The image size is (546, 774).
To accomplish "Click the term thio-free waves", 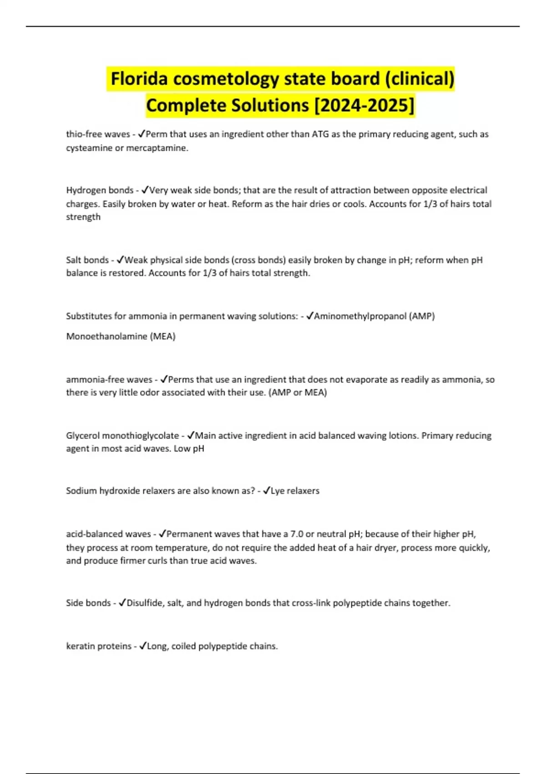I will pyautogui.click(x=98, y=134).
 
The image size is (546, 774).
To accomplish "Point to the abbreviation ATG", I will pyautogui.click(x=320, y=134).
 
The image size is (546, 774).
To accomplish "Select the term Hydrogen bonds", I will pyautogui.click(x=100, y=190).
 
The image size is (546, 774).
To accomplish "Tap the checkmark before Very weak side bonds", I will pyautogui.click(x=145, y=190).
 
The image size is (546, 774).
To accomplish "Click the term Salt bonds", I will pyautogui.click(x=87, y=260).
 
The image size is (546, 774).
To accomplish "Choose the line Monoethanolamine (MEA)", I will pyautogui.click(x=121, y=336).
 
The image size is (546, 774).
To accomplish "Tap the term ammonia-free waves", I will pyautogui.click(x=109, y=379).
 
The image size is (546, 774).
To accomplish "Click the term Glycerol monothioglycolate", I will pyautogui.click(x=122, y=436).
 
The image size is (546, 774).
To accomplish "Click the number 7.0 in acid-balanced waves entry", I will pyautogui.click(x=297, y=534).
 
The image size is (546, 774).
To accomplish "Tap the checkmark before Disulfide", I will pyautogui.click(x=122, y=603).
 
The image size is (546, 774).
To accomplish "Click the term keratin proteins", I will pyautogui.click(x=99, y=646).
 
